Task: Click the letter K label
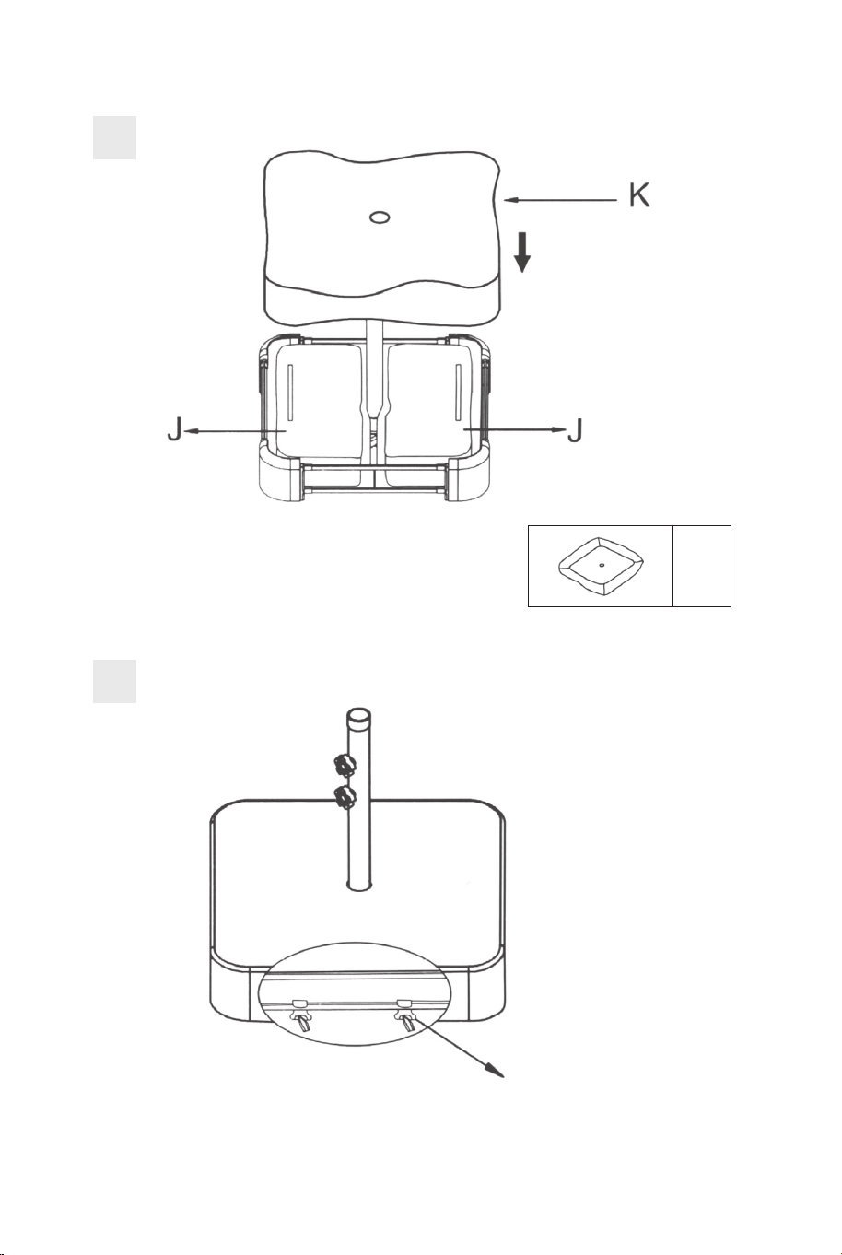pos(638,195)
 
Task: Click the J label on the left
pos(175,429)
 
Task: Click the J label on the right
pos(576,429)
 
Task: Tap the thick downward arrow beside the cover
pos(522,253)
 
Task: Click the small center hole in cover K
pos(380,217)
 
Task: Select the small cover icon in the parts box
pos(601,566)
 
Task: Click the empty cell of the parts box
pos(702,566)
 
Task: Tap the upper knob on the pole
pos(344,766)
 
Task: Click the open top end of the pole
pos(358,715)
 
